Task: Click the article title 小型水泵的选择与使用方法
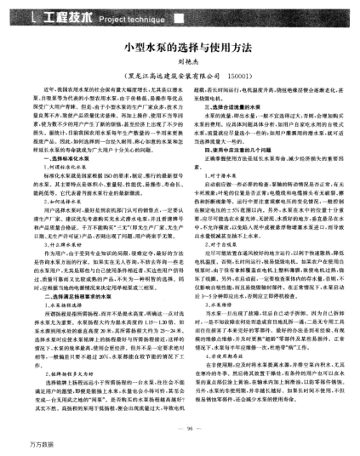tap(180, 52)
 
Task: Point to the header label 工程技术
tap(52, 16)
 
